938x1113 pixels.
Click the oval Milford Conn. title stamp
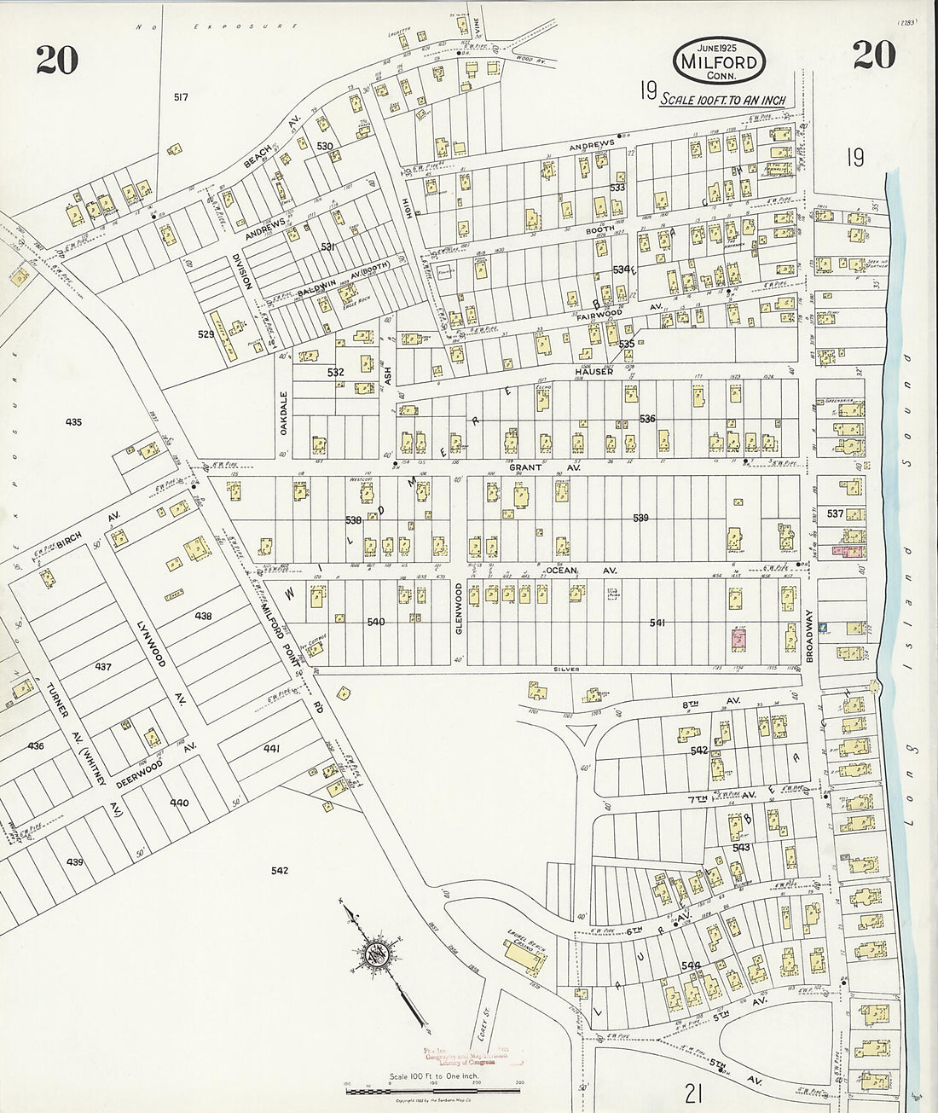719,61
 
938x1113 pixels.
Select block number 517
180,97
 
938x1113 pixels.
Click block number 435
72,421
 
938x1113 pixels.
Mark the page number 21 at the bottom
694,1092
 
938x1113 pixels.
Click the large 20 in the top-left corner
57,59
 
